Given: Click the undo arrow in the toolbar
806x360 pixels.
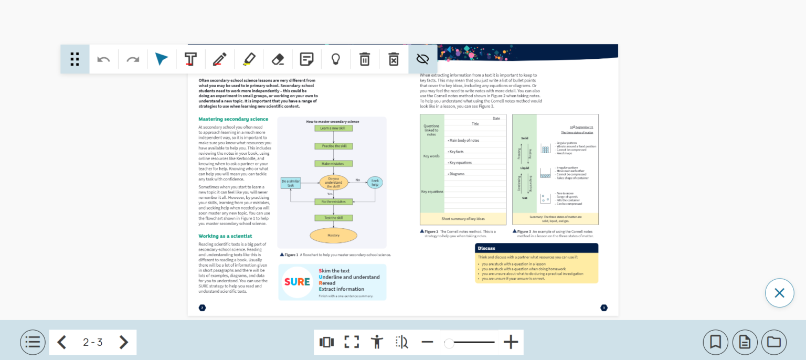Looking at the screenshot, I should pyautogui.click(x=103, y=59).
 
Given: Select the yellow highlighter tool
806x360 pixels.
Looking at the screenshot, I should pyautogui.click(x=249, y=59).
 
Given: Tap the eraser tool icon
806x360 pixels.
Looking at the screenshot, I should pyautogui.click(x=278, y=59).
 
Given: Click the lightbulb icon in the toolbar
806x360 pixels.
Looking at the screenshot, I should pyautogui.click(x=336, y=59).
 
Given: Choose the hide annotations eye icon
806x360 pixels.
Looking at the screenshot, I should pyautogui.click(x=422, y=59).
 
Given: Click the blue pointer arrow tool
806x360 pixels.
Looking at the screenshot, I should pyautogui.click(x=162, y=59).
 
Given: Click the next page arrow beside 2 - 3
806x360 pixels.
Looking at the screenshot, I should pyautogui.click(x=123, y=342).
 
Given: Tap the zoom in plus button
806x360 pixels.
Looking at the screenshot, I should pyautogui.click(x=511, y=342).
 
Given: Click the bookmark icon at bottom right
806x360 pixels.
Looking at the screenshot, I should pyautogui.click(x=715, y=342).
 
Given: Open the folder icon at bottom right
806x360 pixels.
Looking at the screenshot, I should pyautogui.click(x=773, y=342).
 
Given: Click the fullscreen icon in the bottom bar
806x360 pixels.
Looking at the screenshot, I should pyautogui.click(x=352, y=342).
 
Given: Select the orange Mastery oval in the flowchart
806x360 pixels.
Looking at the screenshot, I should pyautogui.click(x=333, y=235).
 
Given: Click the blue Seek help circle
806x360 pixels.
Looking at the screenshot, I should pyautogui.click(x=375, y=183).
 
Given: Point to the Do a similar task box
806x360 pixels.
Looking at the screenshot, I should pyautogui.click(x=291, y=183).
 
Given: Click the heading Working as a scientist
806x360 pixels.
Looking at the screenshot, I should pyautogui.click(x=225, y=236).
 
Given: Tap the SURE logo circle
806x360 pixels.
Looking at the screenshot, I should pyautogui.click(x=297, y=282).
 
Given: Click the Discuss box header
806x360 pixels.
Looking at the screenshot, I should pyautogui.click(x=536, y=248).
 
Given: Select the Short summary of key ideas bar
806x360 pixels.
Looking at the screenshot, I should pyautogui.click(x=463, y=219).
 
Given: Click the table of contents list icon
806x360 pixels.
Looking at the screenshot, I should pyautogui.click(x=33, y=342).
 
